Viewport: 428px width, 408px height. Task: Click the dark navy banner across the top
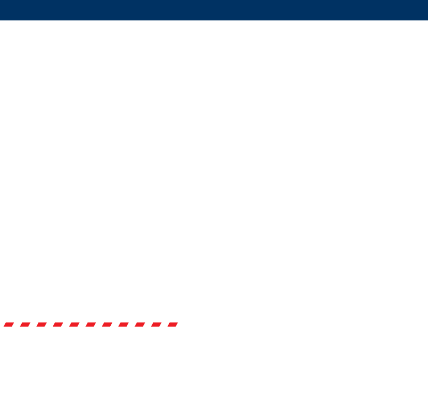pyautogui.click(x=214, y=10)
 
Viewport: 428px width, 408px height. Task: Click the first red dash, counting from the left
pyautogui.click(x=8, y=325)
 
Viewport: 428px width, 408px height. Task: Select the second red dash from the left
pyautogui.click(x=25, y=325)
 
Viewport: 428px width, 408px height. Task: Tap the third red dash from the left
pyautogui.click(x=41, y=325)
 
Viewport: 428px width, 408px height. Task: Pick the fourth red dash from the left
pyautogui.click(x=58, y=325)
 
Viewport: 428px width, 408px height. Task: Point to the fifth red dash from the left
pyautogui.click(x=74, y=325)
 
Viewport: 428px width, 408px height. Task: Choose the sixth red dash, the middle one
pyautogui.click(x=91, y=325)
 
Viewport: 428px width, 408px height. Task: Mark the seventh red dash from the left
pyautogui.click(x=107, y=325)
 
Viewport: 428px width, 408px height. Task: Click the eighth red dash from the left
pyautogui.click(x=124, y=325)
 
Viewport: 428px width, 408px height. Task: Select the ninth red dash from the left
pyautogui.click(x=140, y=325)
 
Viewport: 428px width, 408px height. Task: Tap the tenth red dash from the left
pyautogui.click(x=156, y=325)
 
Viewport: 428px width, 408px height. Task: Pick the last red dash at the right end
pyautogui.click(x=173, y=325)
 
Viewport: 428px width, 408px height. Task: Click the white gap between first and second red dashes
pyautogui.click(x=17, y=325)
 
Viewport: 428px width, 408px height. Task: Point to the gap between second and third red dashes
pyautogui.click(x=33, y=325)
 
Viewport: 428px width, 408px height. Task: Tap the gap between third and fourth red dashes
pyautogui.click(x=50, y=325)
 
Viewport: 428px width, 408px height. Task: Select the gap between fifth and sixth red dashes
pyautogui.click(x=82, y=325)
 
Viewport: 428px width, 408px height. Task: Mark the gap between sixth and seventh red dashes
pyautogui.click(x=99, y=325)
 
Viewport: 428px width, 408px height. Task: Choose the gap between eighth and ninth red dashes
pyautogui.click(x=132, y=325)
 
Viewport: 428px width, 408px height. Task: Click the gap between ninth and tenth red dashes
pyautogui.click(x=148, y=325)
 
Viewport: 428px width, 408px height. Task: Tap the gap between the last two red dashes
pyautogui.click(x=165, y=325)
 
